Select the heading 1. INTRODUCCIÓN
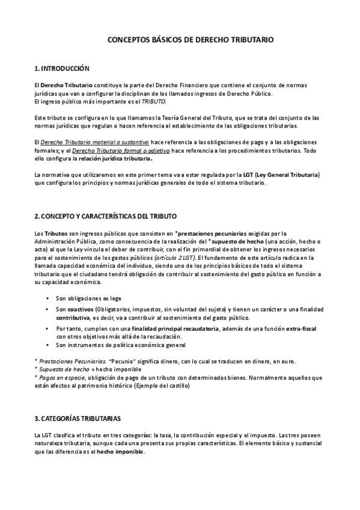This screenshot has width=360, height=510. (62, 69)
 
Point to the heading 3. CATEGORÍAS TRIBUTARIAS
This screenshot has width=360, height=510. (78, 417)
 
